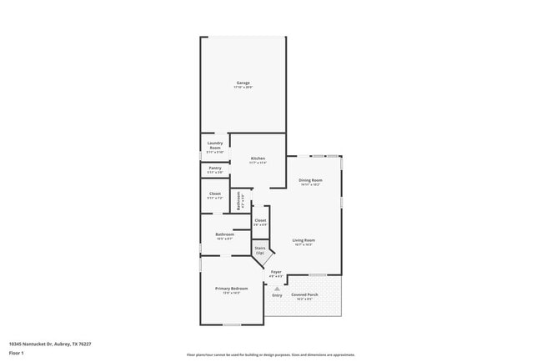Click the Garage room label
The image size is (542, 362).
click(243, 83)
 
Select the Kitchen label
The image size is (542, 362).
click(258, 158)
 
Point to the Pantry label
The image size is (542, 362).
click(214, 168)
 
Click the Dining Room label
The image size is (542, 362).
click(310, 180)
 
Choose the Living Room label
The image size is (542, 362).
click(303, 240)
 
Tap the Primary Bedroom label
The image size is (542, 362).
click(232, 289)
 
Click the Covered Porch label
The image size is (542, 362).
click(304, 294)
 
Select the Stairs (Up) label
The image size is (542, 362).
click(260, 249)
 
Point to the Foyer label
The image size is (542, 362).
click(276, 272)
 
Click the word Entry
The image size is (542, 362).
click(277, 294)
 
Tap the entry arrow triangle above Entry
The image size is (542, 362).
click(277, 288)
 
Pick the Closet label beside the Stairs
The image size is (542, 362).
click(260, 220)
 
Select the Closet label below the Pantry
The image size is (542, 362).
click(214, 194)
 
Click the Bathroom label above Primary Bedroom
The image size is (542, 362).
click(224, 234)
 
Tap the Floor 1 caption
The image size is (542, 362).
click(17, 353)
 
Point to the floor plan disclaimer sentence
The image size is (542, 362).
click(270, 354)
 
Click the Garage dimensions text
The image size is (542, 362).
click(243, 87)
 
